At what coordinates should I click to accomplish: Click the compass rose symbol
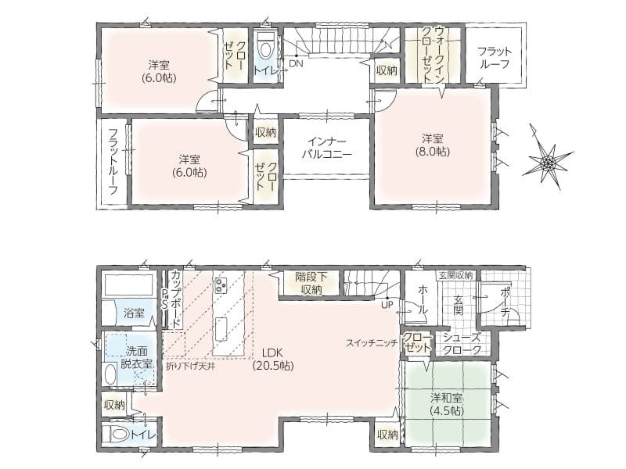pyautogui.click(x=548, y=162)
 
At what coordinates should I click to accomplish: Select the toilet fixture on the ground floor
pyautogui.click(x=116, y=435)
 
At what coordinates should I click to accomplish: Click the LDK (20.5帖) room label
pyautogui.click(x=272, y=359)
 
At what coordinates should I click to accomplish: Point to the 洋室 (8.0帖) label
pyautogui.click(x=434, y=145)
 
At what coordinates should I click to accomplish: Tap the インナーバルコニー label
pyautogui.click(x=326, y=148)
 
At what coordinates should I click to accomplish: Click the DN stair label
pyautogui.click(x=296, y=63)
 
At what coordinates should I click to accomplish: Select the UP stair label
pyautogui.click(x=387, y=305)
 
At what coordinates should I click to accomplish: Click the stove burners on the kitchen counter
pyautogui.click(x=221, y=284)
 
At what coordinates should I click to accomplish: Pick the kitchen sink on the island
pyautogui.click(x=222, y=328)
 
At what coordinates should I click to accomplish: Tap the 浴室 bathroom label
pyautogui.click(x=134, y=313)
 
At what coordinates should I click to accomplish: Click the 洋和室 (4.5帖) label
pyautogui.click(x=447, y=404)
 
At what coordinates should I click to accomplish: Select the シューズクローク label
pyautogui.click(x=462, y=344)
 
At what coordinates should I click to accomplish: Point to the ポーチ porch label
pyautogui.click(x=505, y=301)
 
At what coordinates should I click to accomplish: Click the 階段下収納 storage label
pyautogui.click(x=311, y=283)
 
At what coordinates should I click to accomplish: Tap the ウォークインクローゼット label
pyautogui.click(x=433, y=55)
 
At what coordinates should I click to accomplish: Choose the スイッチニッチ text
pyautogui.click(x=371, y=342)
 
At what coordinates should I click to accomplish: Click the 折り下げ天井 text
pyautogui.click(x=190, y=366)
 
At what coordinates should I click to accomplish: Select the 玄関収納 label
pyautogui.click(x=456, y=275)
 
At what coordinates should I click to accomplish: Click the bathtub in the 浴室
pyautogui.click(x=128, y=284)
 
